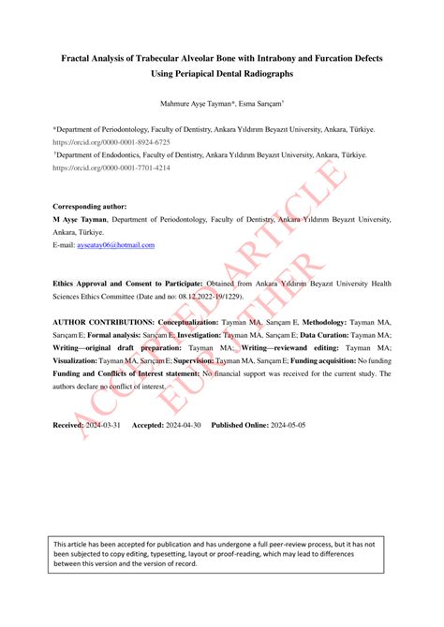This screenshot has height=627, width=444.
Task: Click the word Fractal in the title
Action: click(x=79, y=58)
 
